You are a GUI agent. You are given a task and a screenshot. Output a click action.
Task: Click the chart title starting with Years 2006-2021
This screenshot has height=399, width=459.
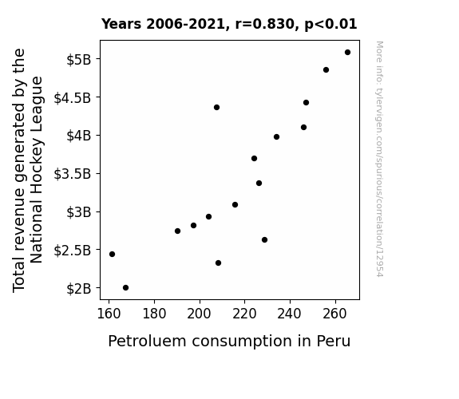click(229, 24)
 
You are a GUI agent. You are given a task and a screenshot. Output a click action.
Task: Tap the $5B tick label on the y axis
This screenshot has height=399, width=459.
click(79, 60)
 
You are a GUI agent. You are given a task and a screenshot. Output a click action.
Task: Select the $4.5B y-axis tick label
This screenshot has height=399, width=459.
click(73, 98)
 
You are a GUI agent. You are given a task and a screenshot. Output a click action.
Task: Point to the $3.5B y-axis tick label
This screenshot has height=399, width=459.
click(73, 174)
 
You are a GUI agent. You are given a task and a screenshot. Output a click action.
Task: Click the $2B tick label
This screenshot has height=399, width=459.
click(79, 289)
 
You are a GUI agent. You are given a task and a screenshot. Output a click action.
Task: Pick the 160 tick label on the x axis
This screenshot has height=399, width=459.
click(109, 314)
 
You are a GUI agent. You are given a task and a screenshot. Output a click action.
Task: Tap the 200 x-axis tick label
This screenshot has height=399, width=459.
click(200, 314)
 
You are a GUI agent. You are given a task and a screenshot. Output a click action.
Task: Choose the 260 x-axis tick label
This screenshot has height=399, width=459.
click(335, 314)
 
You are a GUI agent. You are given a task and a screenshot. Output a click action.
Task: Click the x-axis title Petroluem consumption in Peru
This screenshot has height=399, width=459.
click(229, 341)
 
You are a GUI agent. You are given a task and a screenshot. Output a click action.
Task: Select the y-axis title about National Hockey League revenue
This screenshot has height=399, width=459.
click(28, 170)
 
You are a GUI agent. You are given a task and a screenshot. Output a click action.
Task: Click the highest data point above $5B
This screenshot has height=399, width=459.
click(347, 53)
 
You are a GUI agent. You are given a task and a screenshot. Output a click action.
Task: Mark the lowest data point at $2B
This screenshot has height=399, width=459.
click(125, 288)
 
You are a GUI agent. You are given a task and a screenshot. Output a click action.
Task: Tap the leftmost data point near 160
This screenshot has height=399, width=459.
click(112, 254)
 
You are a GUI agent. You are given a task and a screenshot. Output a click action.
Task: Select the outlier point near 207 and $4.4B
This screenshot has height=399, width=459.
click(216, 108)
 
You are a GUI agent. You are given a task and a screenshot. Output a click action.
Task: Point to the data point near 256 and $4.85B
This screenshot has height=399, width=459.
click(326, 70)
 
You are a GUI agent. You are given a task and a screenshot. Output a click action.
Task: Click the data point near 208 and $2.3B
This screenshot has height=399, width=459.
click(219, 263)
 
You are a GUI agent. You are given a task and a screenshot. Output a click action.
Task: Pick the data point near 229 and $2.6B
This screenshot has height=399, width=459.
click(265, 239)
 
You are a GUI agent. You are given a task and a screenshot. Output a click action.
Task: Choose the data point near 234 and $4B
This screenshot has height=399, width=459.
click(277, 136)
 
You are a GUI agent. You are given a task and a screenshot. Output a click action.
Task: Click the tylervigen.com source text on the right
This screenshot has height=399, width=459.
click(379, 159)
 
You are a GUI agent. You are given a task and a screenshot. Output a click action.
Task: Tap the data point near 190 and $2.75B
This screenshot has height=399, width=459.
click(177, 231)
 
